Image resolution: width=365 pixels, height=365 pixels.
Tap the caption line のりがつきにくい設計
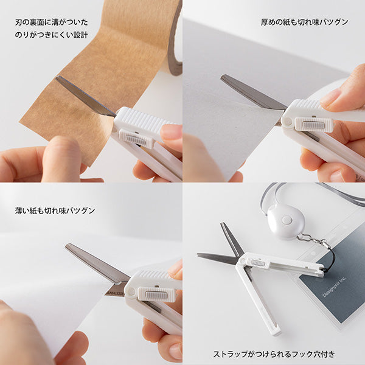51,35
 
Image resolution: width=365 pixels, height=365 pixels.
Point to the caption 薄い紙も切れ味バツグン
55,210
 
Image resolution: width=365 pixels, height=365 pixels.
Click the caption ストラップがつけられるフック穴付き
274,353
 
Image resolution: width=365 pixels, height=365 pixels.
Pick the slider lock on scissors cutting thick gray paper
314,125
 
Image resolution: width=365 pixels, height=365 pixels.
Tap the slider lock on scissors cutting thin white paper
157,294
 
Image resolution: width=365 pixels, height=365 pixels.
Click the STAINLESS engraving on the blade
114,293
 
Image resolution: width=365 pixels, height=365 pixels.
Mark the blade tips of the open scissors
225,228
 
